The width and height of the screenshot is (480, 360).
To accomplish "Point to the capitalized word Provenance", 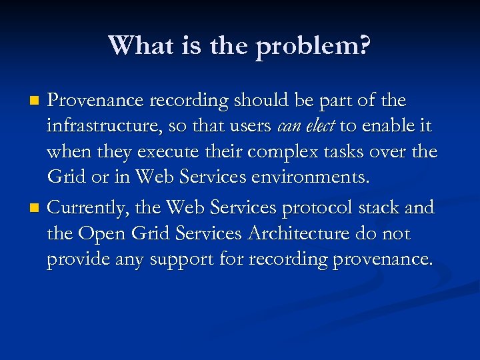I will tap(96, 101).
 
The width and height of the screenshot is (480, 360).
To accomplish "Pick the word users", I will tap(251, 127).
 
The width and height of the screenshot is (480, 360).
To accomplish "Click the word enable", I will tap(386, 127).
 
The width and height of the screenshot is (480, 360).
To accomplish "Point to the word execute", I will tap(167, 153).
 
